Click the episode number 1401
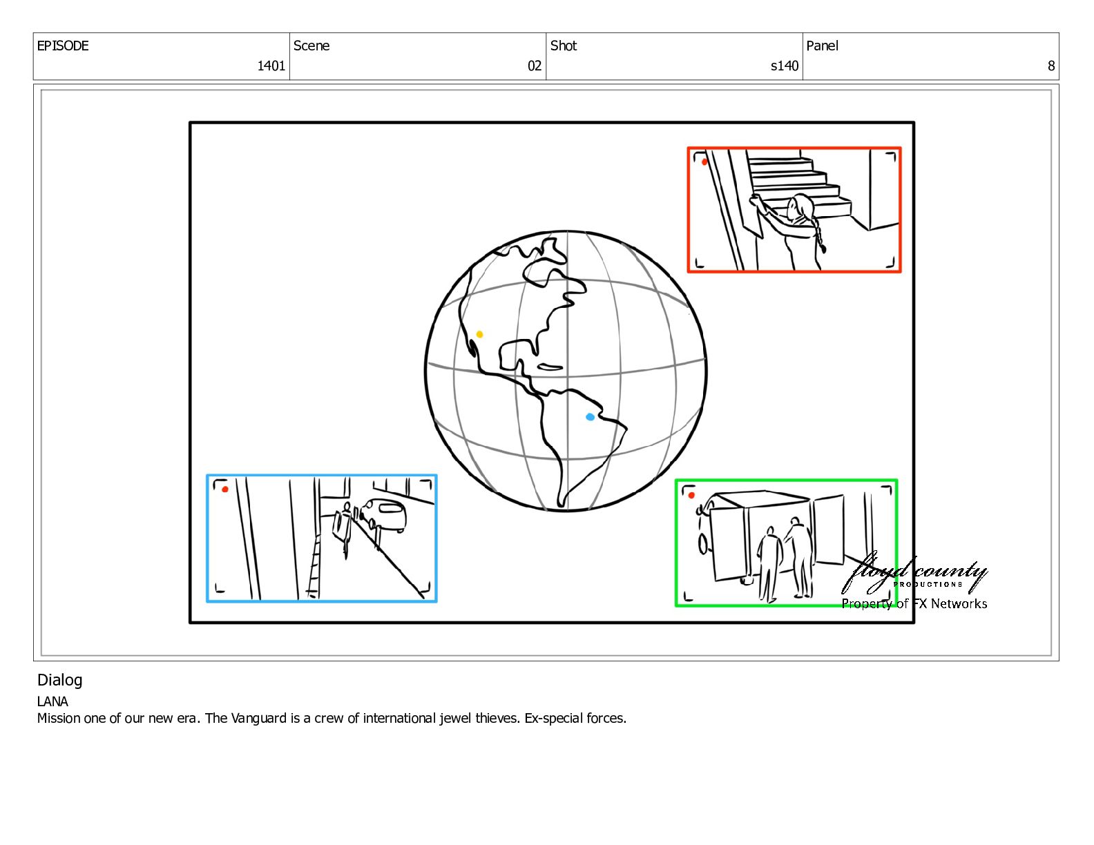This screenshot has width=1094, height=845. coord(271,66)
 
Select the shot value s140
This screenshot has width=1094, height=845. coord(785,66)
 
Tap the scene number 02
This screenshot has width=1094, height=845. coord(534,66)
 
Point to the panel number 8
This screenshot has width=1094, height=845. coord(1051,66)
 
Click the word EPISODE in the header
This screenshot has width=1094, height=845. coord(63,46)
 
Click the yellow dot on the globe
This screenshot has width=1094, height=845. coord(479,334)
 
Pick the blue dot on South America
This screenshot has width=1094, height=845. coord(590,417)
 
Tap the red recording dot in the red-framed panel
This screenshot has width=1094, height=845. coord(704,162)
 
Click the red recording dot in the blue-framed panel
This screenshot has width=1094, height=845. coord(225,489)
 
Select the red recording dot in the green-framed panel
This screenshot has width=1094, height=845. coord(691,496)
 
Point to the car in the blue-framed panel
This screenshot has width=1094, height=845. coord(385,514)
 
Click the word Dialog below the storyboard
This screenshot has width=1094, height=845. coord(59,681)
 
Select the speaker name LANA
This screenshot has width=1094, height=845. coord(52,701)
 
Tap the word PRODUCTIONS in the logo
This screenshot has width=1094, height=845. coord(928,584)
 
